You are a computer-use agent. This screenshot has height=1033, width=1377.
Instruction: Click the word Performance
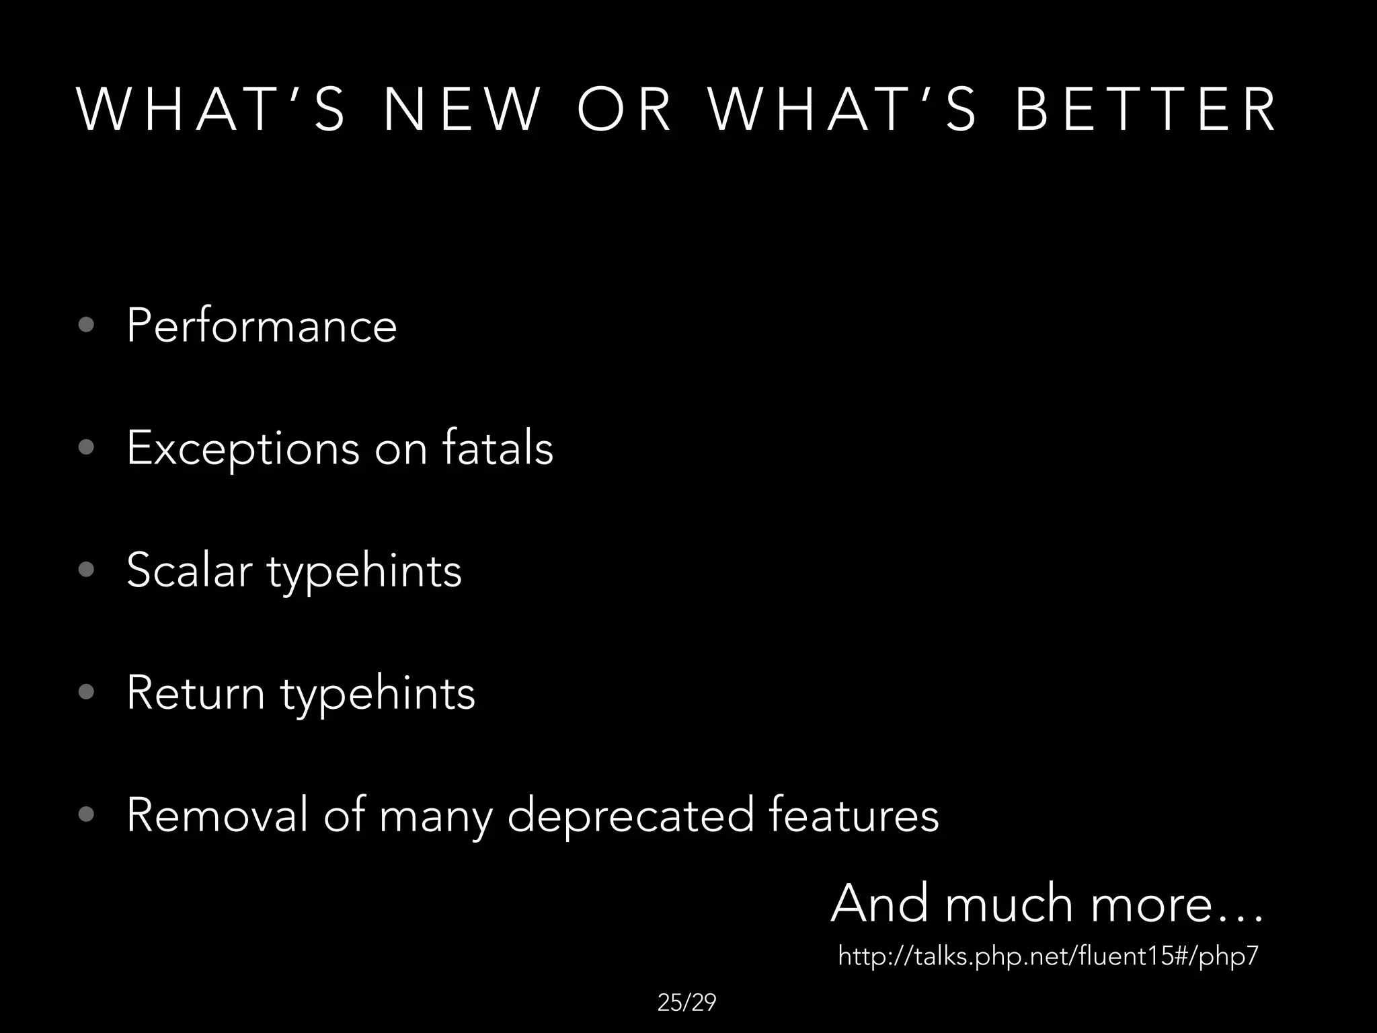click(x=262, y=326)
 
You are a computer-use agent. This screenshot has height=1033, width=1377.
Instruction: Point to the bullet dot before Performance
click(x=86, y=326)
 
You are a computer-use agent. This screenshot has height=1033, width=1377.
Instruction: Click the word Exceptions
click(x=243, y=449)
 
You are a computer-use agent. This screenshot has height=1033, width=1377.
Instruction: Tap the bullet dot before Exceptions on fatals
click(x=86, y=448)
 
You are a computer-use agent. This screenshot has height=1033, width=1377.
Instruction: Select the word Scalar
click(x=189, y=570)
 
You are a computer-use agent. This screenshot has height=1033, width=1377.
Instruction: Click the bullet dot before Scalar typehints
click(x=86, y=570)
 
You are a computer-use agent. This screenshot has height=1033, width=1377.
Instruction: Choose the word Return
click(x=196, y=693)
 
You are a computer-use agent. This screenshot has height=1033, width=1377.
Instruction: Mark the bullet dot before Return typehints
click(x=86, y=693)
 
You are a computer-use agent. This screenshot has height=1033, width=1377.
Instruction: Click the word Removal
click(x=217, y=815)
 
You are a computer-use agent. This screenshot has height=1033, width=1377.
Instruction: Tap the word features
click(x=853, y=815)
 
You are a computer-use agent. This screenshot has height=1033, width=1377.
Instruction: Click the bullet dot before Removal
click(x=86, y=815)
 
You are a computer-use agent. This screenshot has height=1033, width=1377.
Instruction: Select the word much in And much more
click(x=1009, y=904)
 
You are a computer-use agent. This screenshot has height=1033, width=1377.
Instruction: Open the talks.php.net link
click(x=1048, y=956)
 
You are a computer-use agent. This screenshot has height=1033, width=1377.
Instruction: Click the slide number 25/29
click(x=686, y=1003)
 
